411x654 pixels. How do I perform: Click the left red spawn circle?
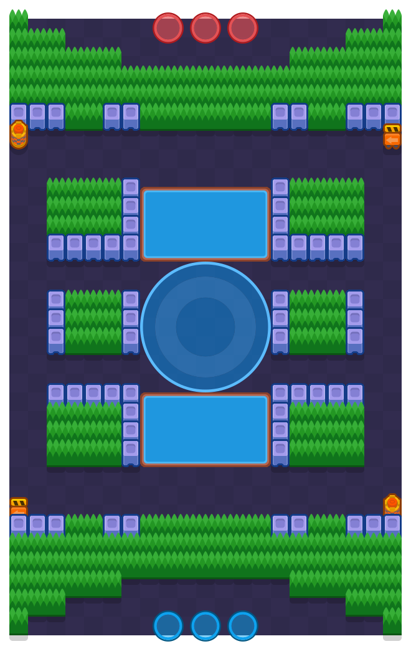coord(168,28)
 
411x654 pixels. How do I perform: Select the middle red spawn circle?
coord(205,28)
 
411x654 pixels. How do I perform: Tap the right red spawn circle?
coord(243,28)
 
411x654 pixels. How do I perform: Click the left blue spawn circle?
coord(168,626)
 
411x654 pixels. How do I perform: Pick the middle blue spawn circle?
coord(205,626)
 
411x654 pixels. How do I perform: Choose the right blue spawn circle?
coord(243,626)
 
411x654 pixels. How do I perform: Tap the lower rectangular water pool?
coord(205,430)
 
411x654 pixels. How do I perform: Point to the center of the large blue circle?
coord(205,327)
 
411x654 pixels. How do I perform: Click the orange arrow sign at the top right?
coord(392,136)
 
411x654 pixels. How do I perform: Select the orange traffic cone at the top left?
coord(19,133)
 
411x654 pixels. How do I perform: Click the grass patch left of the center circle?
coord(93,323)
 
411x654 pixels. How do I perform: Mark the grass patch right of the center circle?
coord(318,323)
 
